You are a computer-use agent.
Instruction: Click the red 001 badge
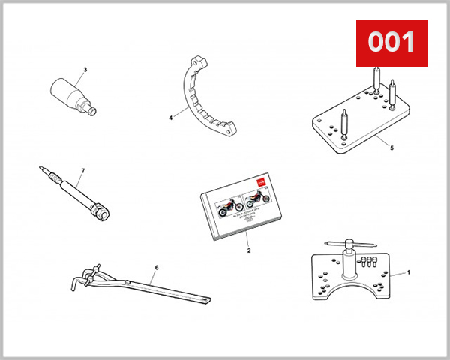point(391,43)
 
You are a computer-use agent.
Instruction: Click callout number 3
point(85,70)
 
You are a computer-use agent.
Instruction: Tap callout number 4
point(171,117)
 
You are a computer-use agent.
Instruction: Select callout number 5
point(391,148)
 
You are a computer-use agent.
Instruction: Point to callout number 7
point(82,171)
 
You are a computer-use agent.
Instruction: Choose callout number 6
point(156,267)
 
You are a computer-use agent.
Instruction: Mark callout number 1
point(409,273)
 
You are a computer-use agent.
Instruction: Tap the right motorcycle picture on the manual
point(257,199)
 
